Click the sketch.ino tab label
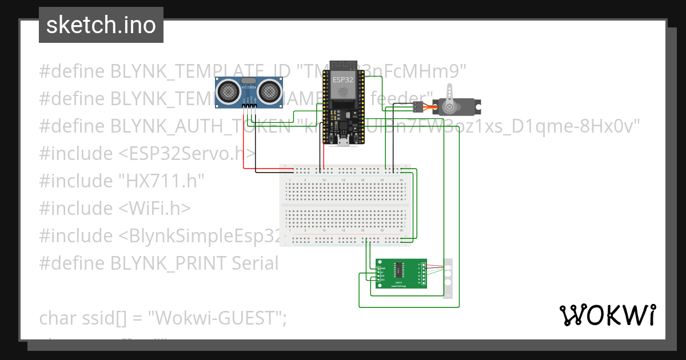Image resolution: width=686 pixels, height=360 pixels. (x=101, y=25)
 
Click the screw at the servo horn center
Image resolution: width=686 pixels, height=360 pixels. (x=449, y=107)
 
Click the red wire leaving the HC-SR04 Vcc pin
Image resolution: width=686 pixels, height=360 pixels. (x=244, y=143)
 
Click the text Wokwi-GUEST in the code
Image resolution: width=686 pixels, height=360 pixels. (x=217, y=318)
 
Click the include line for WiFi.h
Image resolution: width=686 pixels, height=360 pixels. (x=114, y=208)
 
